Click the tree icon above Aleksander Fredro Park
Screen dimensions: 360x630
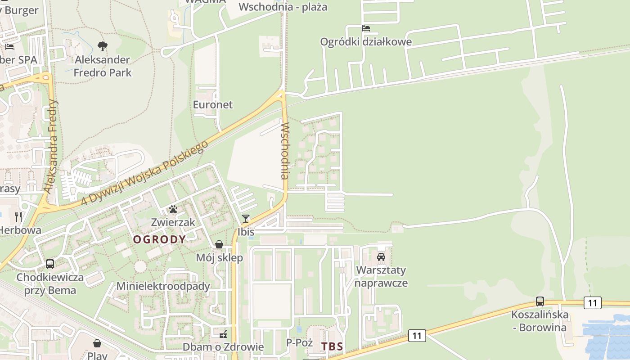tap(103, 46)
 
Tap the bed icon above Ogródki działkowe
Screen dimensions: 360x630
tap(366, 28)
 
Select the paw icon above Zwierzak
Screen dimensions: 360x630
tap(173, 209)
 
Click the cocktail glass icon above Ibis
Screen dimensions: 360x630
tap(246, 219)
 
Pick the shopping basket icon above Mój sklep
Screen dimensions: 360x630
tap(219, 244)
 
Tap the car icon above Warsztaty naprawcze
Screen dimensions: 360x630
tap(381, 257)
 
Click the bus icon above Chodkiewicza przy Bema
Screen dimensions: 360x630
tap(50, 264)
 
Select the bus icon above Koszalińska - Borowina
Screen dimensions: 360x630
tap(540, 301)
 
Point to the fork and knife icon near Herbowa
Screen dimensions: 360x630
tap(18, 217)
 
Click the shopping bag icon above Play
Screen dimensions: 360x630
tap(97, 344)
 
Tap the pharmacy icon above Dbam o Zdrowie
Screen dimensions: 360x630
tap(223, 334)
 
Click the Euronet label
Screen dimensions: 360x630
tap(213, 105)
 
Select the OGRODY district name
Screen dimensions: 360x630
tap(159, 239)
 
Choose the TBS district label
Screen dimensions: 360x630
tap(332, 346)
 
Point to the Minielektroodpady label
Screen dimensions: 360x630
tap(163, 286)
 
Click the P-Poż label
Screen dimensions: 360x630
tap(300, 343)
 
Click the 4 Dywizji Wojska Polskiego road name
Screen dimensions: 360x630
tap(145, 173)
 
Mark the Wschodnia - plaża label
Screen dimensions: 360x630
tap(283, 7)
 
